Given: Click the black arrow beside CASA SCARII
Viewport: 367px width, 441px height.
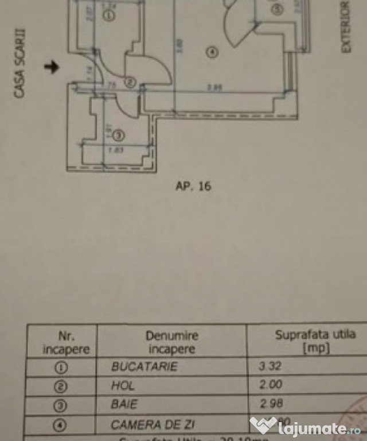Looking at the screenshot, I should (x=52, y=67).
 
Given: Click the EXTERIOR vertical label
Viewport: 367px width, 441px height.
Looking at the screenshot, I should (x=345, y=27).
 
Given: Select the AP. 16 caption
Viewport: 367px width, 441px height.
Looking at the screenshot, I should (x=193, y=186).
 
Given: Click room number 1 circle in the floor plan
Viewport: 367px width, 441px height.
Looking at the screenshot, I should (x=110, y=16).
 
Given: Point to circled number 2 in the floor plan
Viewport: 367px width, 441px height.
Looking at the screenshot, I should (x=130, y=83).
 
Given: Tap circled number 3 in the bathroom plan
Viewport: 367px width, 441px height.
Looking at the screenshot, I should (x=118, y=136).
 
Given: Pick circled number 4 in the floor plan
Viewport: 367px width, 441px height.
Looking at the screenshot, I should (x=212, y=53).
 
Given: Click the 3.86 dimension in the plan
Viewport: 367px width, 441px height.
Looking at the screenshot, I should (x=214, y=87).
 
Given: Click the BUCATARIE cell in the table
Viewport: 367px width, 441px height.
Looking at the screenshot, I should (x=145, y=366).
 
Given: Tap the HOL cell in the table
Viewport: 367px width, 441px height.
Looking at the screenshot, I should (x=123, y=386).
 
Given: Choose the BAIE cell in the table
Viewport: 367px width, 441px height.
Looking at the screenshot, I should (x=124, y=404).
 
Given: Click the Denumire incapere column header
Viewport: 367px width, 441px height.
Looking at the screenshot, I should (x=171, y=342).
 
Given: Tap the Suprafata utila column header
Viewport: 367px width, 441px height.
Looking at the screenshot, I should (x=315, y=341).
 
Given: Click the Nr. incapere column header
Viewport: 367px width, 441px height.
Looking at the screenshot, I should (x=62, y=342).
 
